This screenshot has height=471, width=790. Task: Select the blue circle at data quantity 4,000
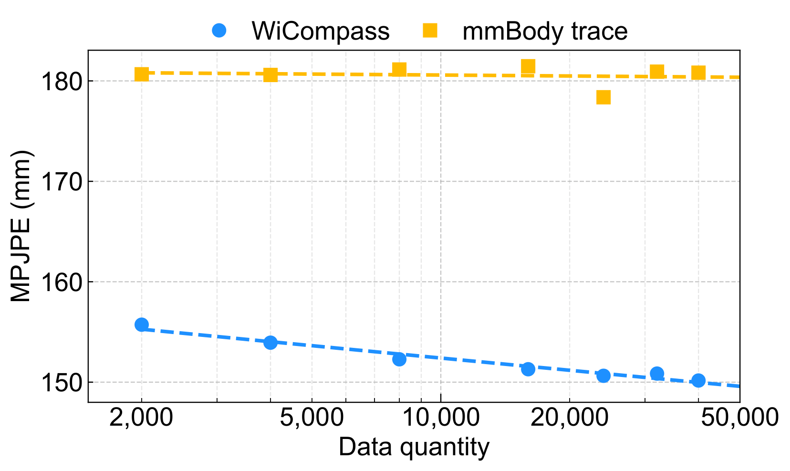(270, 342)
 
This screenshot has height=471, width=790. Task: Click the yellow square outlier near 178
(603, 97)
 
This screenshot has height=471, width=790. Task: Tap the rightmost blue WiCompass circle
(698, 380)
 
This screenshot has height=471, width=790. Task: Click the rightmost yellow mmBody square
(698, 73)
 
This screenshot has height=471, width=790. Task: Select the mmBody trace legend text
(545, 31)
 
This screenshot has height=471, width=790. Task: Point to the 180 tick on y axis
(61, 81)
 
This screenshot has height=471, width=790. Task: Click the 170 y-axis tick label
(61, 181)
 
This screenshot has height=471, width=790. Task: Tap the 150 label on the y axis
(61, 382)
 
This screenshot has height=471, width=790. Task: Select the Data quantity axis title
(414, 448)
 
